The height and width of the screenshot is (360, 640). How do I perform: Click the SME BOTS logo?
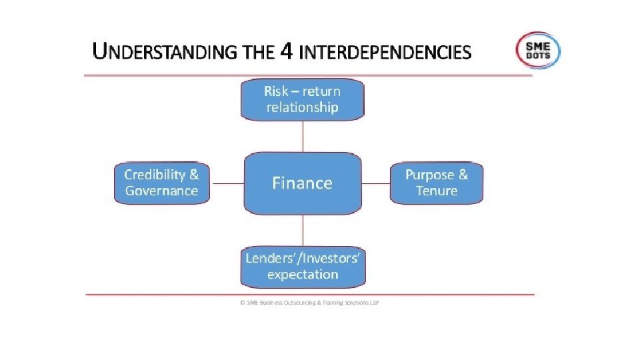(537, 50)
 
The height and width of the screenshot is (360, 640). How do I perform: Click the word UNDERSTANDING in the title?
(165, 52)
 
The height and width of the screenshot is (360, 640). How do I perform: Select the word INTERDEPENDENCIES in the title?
(385, 52)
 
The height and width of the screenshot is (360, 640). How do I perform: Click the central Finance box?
(303, 183)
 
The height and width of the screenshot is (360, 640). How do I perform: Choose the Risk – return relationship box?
(303, 99)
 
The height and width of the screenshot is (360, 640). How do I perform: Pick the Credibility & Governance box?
(162, 183)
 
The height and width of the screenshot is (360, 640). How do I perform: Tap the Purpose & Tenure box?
(437, 183)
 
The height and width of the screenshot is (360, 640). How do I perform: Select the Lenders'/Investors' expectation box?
(303, 266)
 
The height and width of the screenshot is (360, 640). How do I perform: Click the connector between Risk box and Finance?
(303, 136)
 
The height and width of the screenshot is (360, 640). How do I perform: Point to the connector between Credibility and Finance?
(227, 183)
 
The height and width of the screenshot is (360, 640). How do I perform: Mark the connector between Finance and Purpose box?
(375, 183)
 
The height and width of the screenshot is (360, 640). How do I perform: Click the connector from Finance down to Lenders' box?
(303, 230)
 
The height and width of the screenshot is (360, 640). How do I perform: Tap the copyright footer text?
(309, 302)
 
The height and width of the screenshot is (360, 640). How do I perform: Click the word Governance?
(162, 191)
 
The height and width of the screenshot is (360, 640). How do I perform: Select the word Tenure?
(437, 191)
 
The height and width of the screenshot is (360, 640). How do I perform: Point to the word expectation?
(303, 274)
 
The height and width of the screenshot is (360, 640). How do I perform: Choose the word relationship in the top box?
(303, 107)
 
